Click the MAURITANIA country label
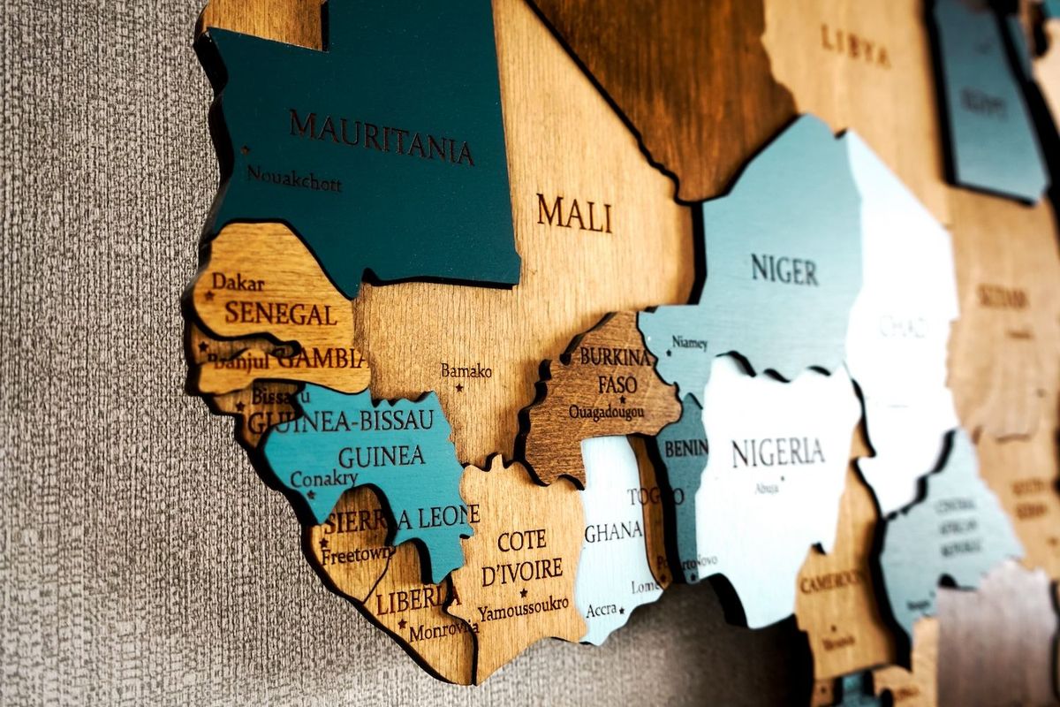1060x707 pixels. click(381, 138)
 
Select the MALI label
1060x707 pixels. click(574, 213)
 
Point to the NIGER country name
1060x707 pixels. click(784, 269)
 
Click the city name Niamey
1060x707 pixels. click(689, 341)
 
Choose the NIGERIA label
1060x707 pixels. click(777, 452)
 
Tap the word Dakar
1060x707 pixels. click(238, 282)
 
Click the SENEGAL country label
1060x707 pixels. click(280, 314)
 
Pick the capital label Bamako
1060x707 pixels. click(466, 371)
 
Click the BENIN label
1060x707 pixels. click(686, 449)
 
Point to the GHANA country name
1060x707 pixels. click(613, 531)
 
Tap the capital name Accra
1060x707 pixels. click(601, 610)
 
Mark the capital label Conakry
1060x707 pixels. click(323, 479)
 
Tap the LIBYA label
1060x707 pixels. click(854, 45)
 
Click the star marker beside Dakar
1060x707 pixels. click(209, 295)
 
